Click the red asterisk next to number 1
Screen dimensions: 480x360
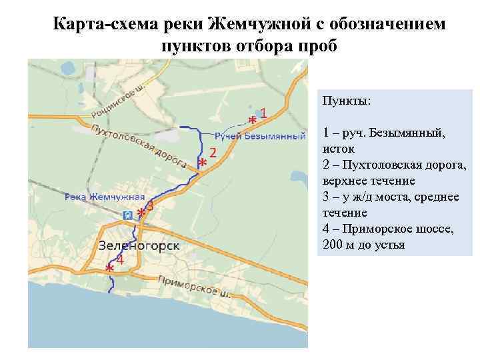(x=252, y=119)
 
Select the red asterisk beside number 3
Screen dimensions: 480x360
(x=141, y=213)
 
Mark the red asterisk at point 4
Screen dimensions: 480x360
(x=109, y=267)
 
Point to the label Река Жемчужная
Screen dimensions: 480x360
(x=105, y=197)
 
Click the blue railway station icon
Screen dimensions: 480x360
(x=127, y=215)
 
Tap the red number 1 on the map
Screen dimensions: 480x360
(x=264, y=113)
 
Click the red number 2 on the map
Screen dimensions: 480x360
(x=213, y=152)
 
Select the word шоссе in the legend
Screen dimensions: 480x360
(x=417, y=229)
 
